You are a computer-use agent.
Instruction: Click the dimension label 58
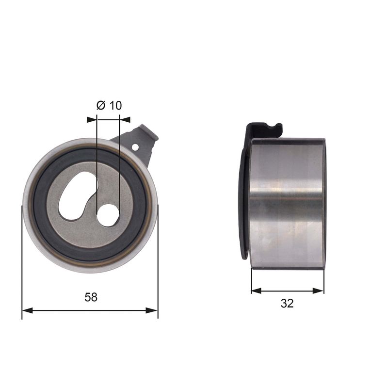91,297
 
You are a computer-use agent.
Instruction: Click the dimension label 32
287,303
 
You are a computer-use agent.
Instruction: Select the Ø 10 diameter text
109,105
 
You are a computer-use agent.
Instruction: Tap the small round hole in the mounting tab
135,147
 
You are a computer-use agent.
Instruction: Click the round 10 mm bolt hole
108,215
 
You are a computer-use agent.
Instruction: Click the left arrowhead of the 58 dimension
27,310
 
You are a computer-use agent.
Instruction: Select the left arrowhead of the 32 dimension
257,291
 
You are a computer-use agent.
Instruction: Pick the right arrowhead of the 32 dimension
319,291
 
